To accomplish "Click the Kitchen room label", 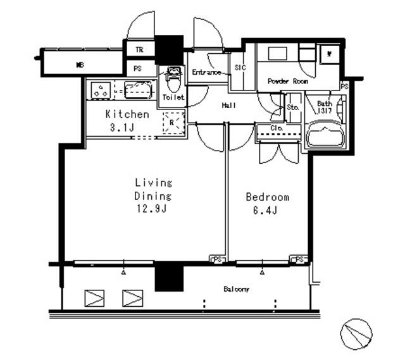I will (127, 115).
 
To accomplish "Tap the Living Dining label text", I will (153, 189).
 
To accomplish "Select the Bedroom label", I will (268, 197).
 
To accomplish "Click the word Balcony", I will (236, 289).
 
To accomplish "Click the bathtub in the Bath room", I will (325, 135).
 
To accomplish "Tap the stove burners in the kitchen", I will (100, 90).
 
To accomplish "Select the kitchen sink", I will (137, 90).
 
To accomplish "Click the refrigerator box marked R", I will (171, 122).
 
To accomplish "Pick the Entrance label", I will (206, 73).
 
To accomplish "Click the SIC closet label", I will (240, 66).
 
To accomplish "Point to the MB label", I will (80, 65).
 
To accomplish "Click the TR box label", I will (139, 49).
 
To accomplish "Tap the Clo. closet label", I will (276, 128).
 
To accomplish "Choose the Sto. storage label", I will (292, 108).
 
